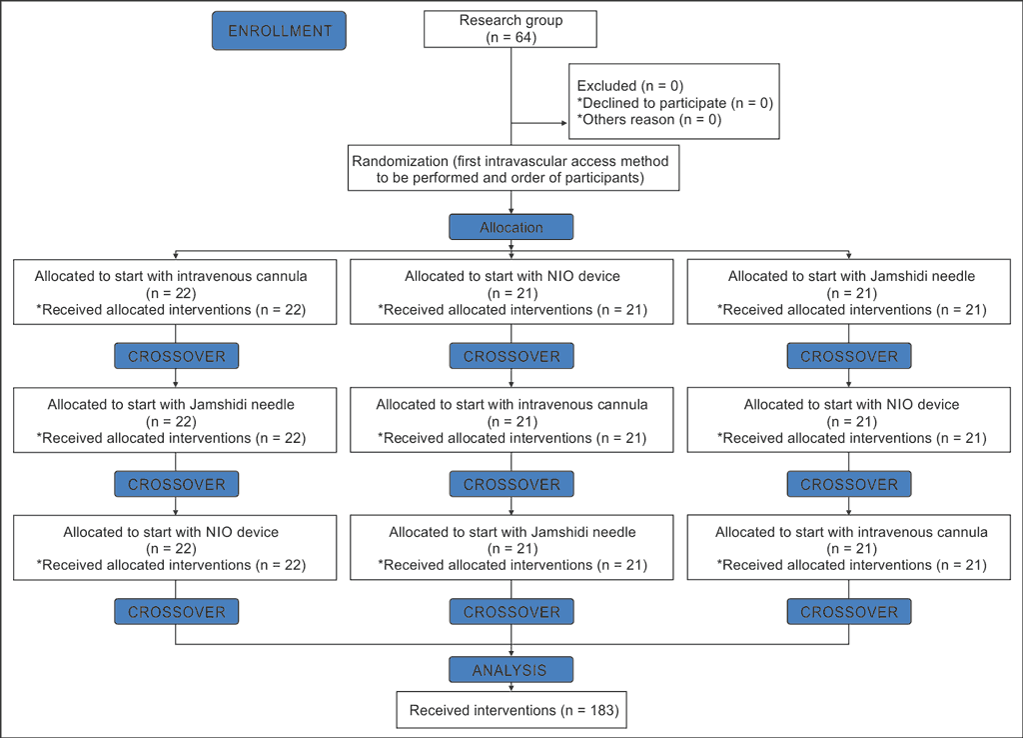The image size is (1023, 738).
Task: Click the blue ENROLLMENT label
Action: coord(280,31)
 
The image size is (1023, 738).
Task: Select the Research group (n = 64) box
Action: coord(511,29)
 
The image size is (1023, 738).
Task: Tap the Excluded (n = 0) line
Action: coord(630,86)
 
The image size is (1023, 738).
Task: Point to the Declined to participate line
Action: coord(675,103)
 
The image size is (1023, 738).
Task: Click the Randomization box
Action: coord(513,168)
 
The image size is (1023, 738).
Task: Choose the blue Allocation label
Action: coord(511,227)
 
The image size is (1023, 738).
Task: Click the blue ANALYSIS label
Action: coord(511,670)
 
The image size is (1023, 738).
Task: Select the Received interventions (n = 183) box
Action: coord(511,710)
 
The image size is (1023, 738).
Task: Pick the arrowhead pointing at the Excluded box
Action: coord(564,123)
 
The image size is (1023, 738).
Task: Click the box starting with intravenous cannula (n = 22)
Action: coord(175,292)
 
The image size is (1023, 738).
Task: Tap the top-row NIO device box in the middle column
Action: coord(511,292)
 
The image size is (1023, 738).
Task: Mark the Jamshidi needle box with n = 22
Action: coord(175,420)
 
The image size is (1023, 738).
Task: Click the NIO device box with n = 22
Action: coord(175,547)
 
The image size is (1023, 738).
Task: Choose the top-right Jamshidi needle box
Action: coord(849,292)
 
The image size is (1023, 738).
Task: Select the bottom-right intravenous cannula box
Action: coord(849,547)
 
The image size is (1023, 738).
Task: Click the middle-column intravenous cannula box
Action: coord(511,420)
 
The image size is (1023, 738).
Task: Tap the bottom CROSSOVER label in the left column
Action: coord(177,611)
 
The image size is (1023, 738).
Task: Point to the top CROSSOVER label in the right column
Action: coord(849,356)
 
